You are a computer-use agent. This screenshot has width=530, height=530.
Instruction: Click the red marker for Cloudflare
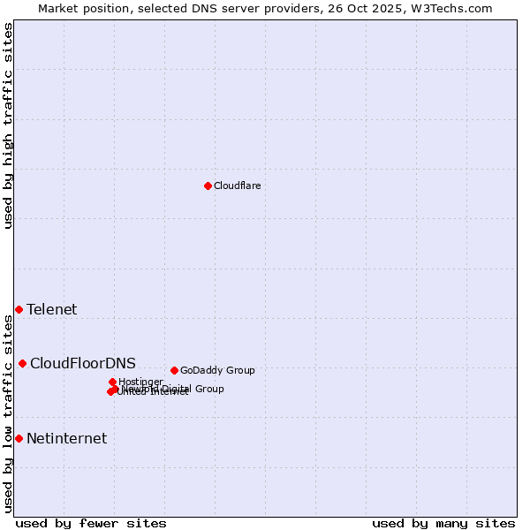pos(208,185)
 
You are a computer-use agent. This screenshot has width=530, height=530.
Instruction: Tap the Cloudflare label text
pos(237,185)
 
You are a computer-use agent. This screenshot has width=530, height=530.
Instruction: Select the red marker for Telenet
pos(19,309)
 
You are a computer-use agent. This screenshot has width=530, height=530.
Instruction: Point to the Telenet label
pos(51,309)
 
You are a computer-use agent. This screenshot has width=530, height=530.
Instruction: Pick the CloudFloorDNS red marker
pos(22,363)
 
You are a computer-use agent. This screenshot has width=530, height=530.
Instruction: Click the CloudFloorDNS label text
pos(83,363)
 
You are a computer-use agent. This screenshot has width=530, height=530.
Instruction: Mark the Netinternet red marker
pos(19,438)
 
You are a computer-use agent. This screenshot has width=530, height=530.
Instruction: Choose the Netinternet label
pos(66,438)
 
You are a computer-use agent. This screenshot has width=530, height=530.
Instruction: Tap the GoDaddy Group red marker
pos(174,370)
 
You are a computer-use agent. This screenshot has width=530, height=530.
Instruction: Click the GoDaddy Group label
pos(217,370)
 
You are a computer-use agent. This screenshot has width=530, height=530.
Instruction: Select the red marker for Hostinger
pos(112,382)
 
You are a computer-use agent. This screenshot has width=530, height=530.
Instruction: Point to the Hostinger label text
pos(140,382)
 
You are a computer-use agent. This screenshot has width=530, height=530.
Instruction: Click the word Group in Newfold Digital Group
pos(209,389)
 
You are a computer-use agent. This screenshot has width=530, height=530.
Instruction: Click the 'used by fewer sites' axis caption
pos(91,523)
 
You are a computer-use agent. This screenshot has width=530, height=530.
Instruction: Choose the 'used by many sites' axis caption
pos(443,523)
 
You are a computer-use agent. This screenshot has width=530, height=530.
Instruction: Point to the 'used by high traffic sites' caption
pos(8,125)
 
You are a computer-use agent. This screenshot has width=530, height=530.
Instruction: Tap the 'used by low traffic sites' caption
pos(8,413)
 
